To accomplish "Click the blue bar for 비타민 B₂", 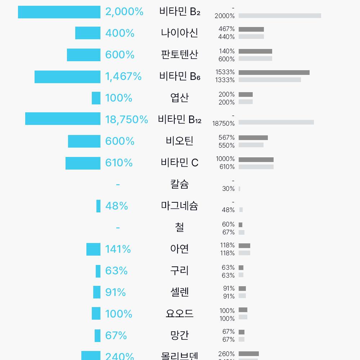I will pos(59,12).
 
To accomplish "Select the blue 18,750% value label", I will pos(126,120).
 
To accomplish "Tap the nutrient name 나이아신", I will pos(179,33).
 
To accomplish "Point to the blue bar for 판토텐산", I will pos(84,55).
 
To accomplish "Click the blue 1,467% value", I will pos(123,76).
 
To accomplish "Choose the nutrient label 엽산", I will pos(179,98).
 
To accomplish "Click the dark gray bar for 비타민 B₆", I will pos(274,73).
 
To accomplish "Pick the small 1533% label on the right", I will pos(225,72).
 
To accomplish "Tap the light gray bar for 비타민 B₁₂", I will pos(276,122).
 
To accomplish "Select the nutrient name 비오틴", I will pos(179,141).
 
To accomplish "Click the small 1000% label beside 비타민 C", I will pos(225,159).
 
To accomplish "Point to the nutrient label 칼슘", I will pos(179,184).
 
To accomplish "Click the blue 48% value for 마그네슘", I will pos(117,206).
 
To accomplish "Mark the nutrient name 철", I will pos(179,227).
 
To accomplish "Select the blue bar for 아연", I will pos(93,249).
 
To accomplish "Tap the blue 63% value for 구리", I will pos(116,271).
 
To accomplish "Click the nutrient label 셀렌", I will pos(179,292).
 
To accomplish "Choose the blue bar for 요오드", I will pos(96,314).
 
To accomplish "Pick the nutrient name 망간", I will pos(179,335).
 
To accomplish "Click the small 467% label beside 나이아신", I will pos(226,29).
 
